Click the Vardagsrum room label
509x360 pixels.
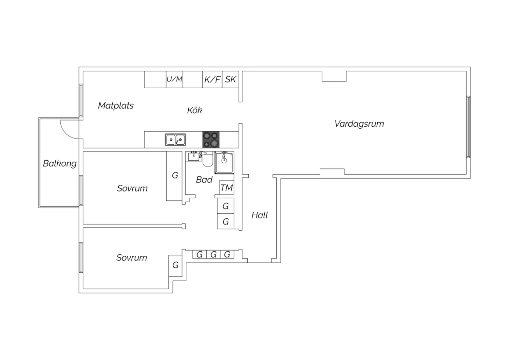[x=359, y=124]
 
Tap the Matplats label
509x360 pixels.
[x=116, y=106]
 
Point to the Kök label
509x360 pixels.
[x=194, y=110]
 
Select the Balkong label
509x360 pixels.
[x=60, y=164]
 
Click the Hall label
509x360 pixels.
[x=260, y=215]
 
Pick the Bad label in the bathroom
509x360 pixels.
[x=204, y=180]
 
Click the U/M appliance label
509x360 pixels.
[x=174, y=79]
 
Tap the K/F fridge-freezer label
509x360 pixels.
[x=212, y=80]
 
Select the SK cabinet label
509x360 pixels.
[x=230, y=79]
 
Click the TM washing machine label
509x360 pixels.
[x=226, y=188]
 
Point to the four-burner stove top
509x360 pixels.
[x=211, y=140]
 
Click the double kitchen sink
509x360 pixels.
[x=175, y=140]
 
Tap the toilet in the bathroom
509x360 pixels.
[x=207, y=160]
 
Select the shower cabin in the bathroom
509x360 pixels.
[x=224, y=163]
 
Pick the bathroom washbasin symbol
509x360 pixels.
[x=194, y=156]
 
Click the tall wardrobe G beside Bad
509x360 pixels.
[x=175, y=176]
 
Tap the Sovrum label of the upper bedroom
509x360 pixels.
[x=132, y=188]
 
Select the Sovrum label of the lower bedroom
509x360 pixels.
[x=132, y=258]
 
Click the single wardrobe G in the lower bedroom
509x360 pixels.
[x=175, y=265]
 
